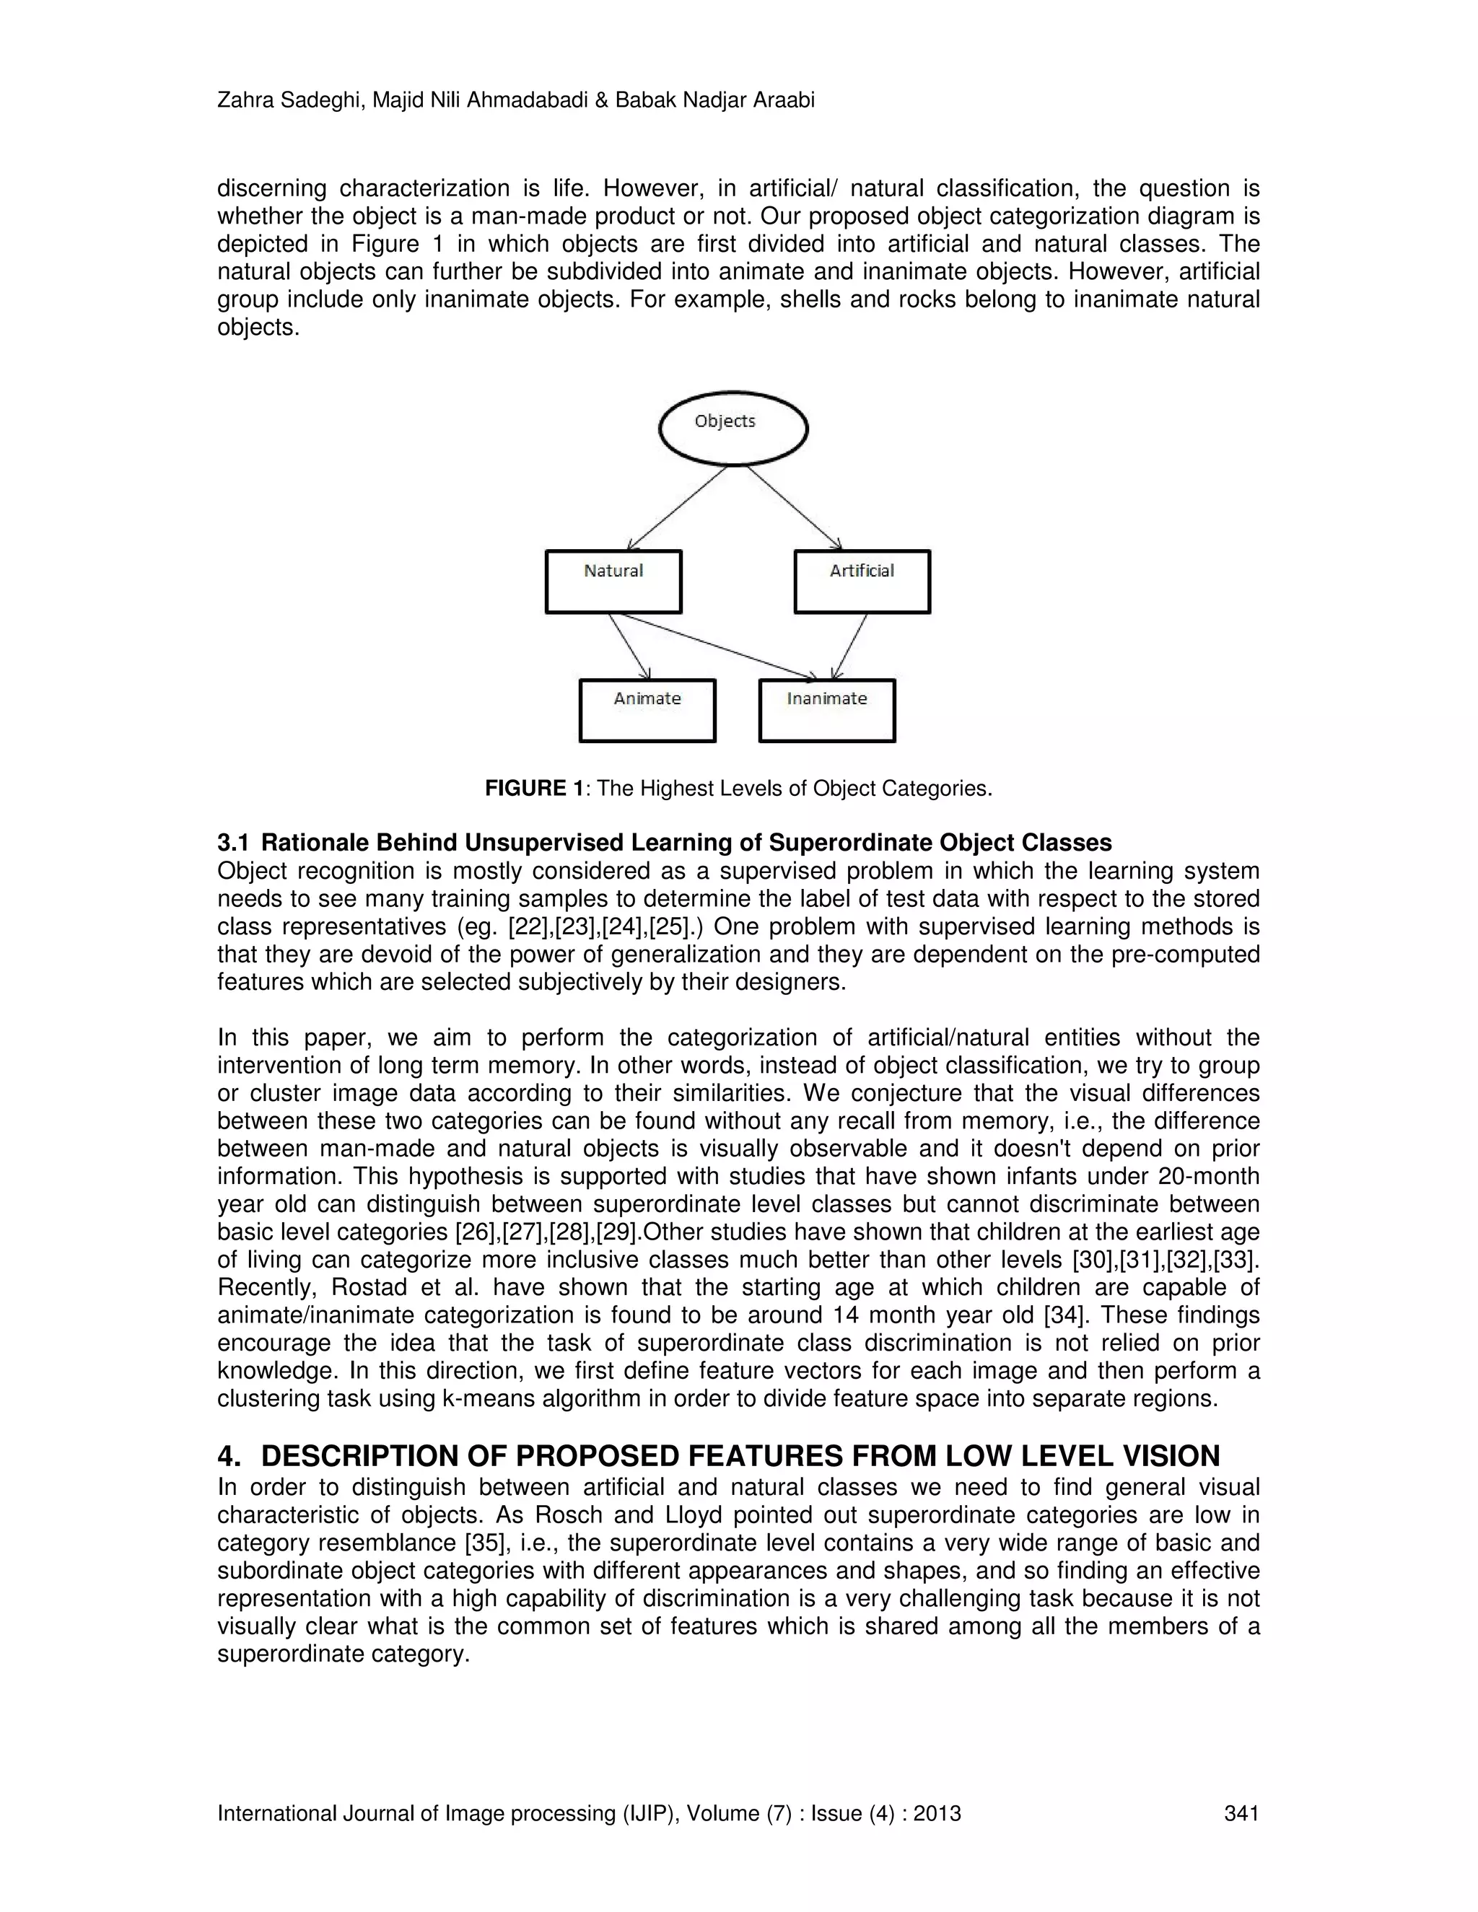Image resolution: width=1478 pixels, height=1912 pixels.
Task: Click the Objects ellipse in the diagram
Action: (x=733, y=428)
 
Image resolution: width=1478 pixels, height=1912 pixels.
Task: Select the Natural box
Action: (x=613, y=582)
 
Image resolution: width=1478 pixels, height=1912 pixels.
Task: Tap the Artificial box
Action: (x=862, y=582)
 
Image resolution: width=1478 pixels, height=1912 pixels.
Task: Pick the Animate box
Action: (x=647, y=710)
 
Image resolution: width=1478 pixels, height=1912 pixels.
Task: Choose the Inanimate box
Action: (x=826, y=710)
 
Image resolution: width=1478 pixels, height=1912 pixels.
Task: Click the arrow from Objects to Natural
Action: (x=677, y=508)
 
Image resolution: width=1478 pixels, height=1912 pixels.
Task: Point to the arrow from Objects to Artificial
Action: (x=793, y=507)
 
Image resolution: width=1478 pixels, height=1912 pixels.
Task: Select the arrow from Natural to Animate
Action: (x=629, y=646)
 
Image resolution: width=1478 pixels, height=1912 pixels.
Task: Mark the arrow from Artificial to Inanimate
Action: (x=849, y=646)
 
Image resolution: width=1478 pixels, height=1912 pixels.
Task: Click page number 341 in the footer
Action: (x=1241, y=1813)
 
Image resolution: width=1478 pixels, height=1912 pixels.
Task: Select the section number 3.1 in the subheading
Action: (x=233, y=843)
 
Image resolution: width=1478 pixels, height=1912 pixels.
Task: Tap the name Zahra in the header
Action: (x=242, y=101)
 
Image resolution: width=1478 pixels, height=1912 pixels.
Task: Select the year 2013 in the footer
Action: (x=937, y=1813)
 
